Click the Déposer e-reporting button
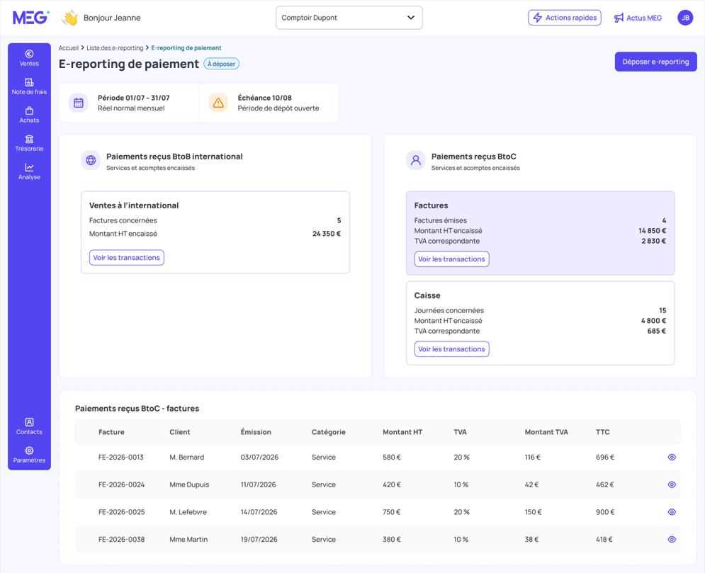pyautogui.click(x=655, y=62)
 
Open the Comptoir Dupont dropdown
pyautogui.click(x=349, y=18)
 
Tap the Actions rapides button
pyautogui.click(x=564, y=18)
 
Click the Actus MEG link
pyautogui.click(x=638, y=18)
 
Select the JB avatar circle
pyautogui.click(x=685, y=18)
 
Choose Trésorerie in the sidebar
pyautogui.click(x=29, y=143)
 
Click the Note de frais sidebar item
pyautogui.click(x=29, y=86)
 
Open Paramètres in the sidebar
pyautogui.click(x=29, y=455)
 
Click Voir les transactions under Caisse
pyautogui.click(x=451, y=349)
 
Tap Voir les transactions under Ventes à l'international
pyautogui.click(x=126, y=258)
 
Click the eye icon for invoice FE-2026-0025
pyautogui.click(x=672, y=512)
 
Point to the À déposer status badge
pyautogui.click(x=221, y=64)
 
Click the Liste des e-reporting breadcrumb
pyautogui.click(x=115, y=48)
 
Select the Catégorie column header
pyautogui.click(x=328, y=432)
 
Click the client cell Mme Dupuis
pyautogui.click(x=189, y=484)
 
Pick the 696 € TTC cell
pyautogui.click(x=604, y=457)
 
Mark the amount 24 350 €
pyautogui.click(x=327, y=234)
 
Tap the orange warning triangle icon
pyautogui.click(x=218, y=103)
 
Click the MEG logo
pyautogui.click(x=30, y=18)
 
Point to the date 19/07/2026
pyautogui.click(x=259, y=539)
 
